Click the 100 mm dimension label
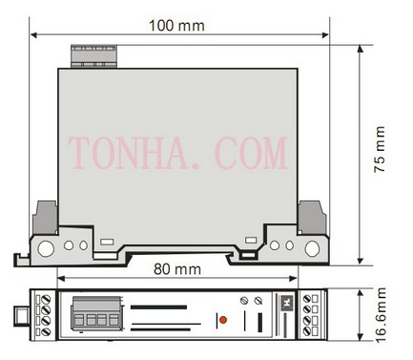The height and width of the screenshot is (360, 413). (x=176, y=26)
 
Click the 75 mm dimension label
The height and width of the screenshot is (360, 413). (x=380, y=149)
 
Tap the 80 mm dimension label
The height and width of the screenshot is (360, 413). (x=177, y=269)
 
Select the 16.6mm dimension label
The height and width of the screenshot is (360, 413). (x=381, y=315)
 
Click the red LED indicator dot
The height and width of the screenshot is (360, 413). (x=223, y=320)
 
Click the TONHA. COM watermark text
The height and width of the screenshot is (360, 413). (x=177, y=153)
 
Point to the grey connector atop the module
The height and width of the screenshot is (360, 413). (x=93, y=56)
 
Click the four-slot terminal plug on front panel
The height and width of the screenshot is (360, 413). (x=96, y=314)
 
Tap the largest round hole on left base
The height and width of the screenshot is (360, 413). (x=46, y=248)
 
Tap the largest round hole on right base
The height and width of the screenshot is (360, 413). (x=312, y=248)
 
